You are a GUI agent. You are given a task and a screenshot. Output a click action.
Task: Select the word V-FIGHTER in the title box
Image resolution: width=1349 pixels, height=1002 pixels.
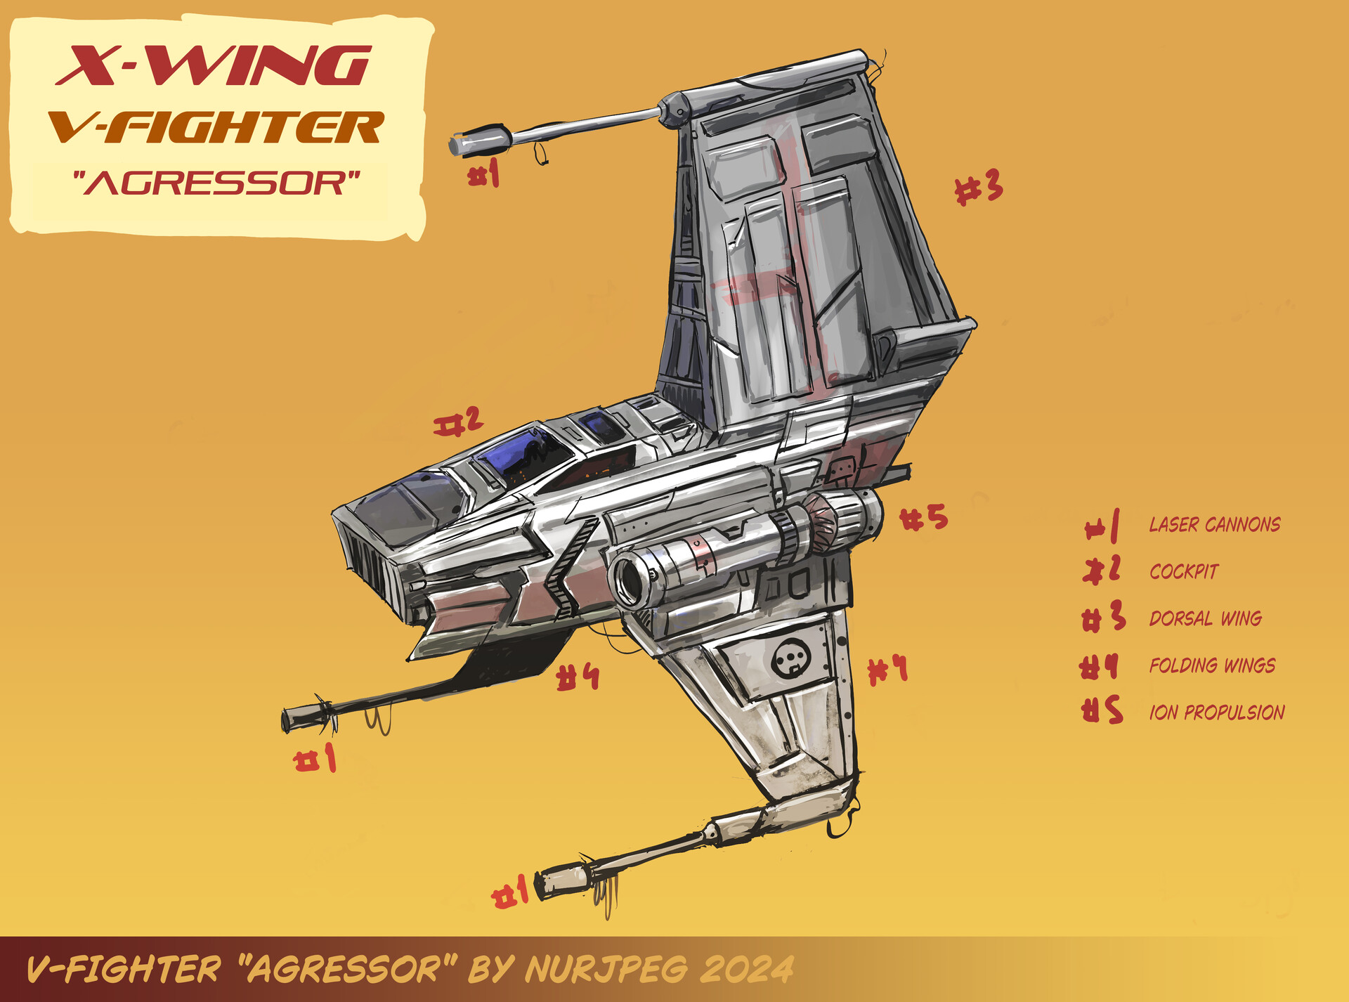point(216,127)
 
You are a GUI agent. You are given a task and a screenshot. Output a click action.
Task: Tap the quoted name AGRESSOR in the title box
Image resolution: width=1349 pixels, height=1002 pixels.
point(216,183)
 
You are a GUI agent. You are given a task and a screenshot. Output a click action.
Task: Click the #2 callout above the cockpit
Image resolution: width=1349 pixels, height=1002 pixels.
point(458,422)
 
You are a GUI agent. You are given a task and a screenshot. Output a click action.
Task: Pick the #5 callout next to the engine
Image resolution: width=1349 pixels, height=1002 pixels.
point(924,519)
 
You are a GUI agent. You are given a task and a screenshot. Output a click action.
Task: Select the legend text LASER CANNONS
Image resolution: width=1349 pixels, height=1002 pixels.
point(1214,525)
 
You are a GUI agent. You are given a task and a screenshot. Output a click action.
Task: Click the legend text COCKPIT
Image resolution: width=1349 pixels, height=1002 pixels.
point(1184,571)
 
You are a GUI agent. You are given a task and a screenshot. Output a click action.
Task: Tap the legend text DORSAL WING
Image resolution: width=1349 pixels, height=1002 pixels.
point(1206,618)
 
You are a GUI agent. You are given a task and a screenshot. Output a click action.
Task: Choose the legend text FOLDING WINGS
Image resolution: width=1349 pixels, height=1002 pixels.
point(1212,665)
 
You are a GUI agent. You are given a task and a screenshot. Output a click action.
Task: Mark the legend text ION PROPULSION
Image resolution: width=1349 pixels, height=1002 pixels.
point(1217,713)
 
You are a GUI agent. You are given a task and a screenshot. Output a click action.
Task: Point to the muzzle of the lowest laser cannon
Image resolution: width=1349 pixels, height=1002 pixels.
point(542,885)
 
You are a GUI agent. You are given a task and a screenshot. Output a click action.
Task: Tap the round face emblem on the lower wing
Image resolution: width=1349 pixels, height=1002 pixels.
point(791,660)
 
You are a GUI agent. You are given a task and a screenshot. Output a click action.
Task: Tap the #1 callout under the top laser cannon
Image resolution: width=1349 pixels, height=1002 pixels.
point(484,173)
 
